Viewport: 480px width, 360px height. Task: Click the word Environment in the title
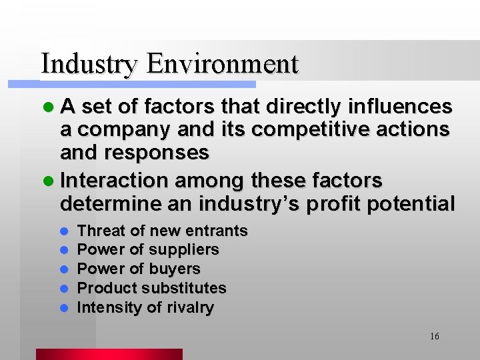[222, 64]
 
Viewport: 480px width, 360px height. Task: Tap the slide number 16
[434, 336]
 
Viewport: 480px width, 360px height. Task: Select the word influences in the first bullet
[399, 107]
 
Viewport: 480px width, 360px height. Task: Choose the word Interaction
[113, 180]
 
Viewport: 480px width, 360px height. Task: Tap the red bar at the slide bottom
[109, 354]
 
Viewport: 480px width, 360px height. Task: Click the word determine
[109, 203]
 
